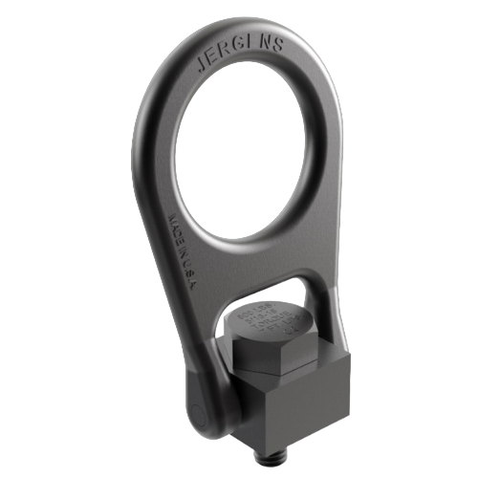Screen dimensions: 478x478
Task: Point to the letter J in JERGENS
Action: coord(201,67)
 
